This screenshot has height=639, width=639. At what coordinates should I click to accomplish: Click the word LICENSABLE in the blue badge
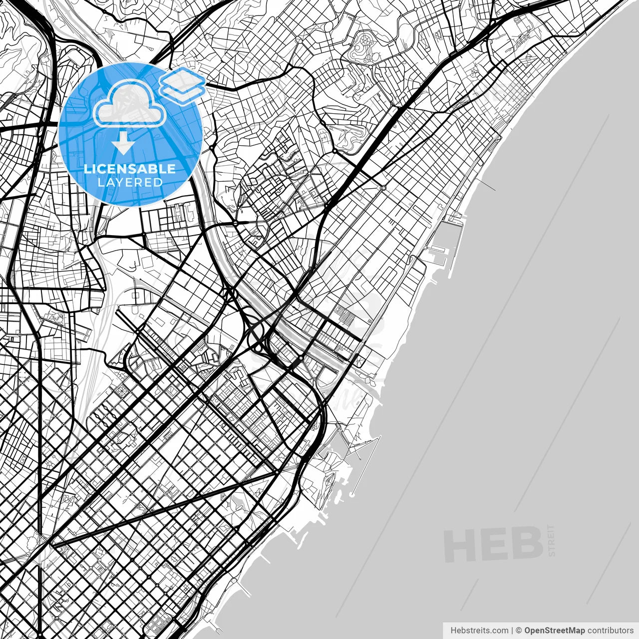point(130,168)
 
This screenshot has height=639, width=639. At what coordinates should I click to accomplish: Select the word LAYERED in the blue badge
point(130,182)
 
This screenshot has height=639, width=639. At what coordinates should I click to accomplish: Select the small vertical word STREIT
point(551,540)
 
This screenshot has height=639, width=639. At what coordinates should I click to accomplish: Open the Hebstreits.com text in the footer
point(479,630)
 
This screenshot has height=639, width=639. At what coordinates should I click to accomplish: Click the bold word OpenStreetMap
point(555,630)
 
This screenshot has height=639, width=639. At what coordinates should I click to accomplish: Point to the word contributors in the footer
point(610,630)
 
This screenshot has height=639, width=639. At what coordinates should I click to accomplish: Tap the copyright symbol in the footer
point(519,630)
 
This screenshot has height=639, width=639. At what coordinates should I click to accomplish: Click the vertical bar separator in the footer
point(512,630)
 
